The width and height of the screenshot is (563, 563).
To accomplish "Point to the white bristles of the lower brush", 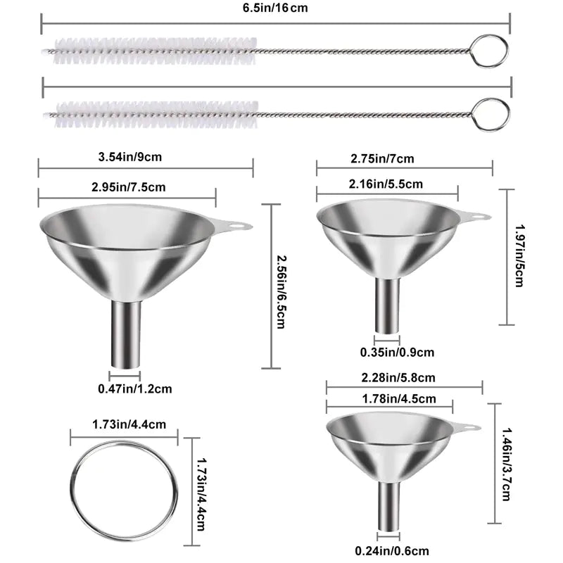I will tap(155, 110).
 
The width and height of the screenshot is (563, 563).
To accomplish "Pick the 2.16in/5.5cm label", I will tap(386, 184).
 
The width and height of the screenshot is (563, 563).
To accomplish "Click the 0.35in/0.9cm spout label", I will tap(397, 352).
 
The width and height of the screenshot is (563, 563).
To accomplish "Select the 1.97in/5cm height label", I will tap(520, 256).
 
